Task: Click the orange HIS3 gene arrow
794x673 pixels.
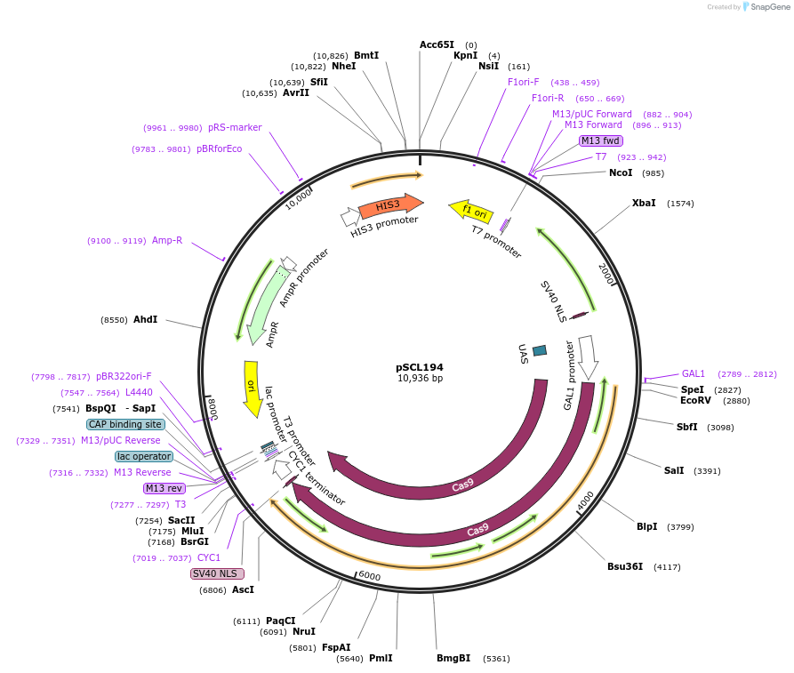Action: (x=389, y=205)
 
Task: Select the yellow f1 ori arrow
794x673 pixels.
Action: (x=472, y=212)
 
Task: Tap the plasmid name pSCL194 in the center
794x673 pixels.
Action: (x=420, y=367)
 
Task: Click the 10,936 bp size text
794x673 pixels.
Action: (x=420, y=379)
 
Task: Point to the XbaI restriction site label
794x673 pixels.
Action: (x=644, y=204)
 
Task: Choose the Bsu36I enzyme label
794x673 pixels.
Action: (x=625, y=566)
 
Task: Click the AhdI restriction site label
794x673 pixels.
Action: (x=145, y=319)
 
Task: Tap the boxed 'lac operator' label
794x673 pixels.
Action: (x=143, y=456)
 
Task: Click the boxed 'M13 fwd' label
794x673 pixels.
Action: (x=601, y=140)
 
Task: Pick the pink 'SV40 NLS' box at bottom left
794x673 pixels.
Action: (x=215, y=573)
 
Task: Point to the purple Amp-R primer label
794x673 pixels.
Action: (x=167, y=240)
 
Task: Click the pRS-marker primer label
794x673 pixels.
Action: (x=235, y=127)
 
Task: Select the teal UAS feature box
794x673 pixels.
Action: (x=540, y=351)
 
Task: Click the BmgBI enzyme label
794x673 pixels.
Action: (x=453, y=659)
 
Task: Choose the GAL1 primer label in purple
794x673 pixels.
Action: (x=694, y=373)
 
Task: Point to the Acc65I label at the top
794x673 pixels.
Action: (x=437, y=44)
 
